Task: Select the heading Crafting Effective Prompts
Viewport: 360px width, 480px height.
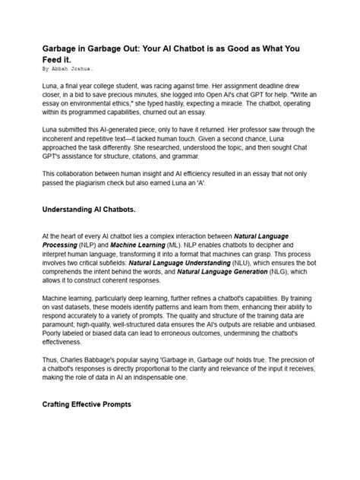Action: (x=87, y=406)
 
